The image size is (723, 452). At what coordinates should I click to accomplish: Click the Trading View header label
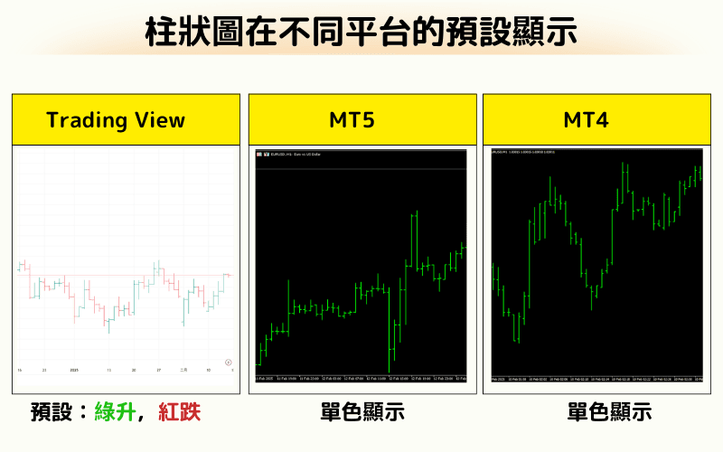pos(116,120)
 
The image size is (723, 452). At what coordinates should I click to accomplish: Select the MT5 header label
pos(361,120)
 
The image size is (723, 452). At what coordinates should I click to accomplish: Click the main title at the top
pos(361,32)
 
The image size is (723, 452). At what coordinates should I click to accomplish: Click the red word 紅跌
pos(178,412)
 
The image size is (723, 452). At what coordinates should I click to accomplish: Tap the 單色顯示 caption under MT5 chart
pos(361,412)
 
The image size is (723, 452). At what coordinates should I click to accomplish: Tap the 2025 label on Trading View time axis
pos(75,371)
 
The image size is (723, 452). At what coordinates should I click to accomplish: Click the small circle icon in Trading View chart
pos(229,360)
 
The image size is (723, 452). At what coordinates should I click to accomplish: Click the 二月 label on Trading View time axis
pos(183,371)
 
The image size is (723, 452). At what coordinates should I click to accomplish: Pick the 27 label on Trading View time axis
pos(158,371)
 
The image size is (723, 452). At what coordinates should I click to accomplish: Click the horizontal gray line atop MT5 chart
pos(361,169)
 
